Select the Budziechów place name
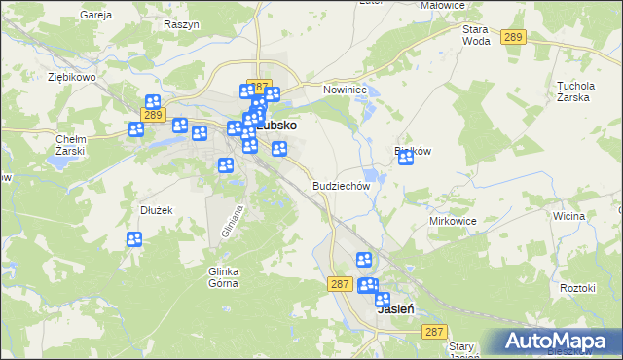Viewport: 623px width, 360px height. tap(342, 185)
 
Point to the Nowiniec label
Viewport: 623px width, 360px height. tap(343, 90)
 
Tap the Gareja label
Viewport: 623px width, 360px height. tap(96, 16)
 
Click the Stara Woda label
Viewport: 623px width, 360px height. tap(476, 35)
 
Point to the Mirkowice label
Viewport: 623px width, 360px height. tap(453, 221)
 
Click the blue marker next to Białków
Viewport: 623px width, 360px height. tap(406, 157)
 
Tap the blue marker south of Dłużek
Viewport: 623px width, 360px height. tap(134, 238)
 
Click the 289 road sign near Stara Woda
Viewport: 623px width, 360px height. tap(515, 37)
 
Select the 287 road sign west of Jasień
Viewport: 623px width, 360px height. tap(339, 283)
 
